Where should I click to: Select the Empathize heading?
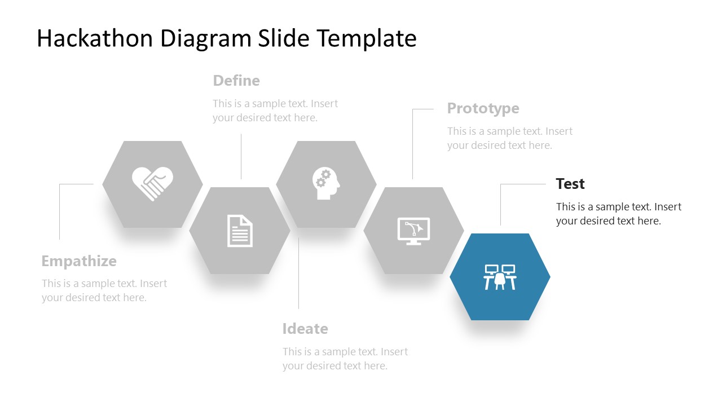[79, 261]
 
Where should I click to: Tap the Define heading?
[236, 81]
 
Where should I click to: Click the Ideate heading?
[305, 329]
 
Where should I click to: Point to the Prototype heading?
[483, 108]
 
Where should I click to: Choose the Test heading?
[570, 184]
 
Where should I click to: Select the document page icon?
[240, 231]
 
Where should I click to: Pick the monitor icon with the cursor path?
[413, 231]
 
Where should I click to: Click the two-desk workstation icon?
[500, 277]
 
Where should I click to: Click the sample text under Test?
[618, 214]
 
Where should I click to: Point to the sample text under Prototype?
[509, 138]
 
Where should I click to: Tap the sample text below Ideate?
[345, 359]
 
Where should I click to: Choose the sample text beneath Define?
[275, 111]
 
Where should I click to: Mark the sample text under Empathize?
[104, 290]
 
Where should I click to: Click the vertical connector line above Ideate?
[298, 273]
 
